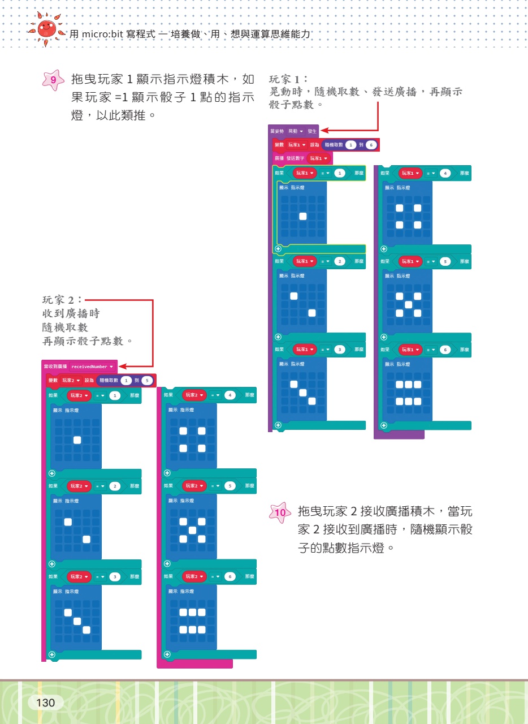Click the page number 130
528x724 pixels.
pyautogui.click(x=45, y=703)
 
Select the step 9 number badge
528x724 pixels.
pyautogui.click(x=53, y=80)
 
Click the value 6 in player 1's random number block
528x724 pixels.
pyautogui.click(x=370, y=145)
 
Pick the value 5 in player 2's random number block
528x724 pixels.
pyautogui.click(x=147, y=381)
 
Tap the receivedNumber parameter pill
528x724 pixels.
pyautogui.click(x=92, y=367)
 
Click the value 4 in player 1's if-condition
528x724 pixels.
pyautogui.click(x=445, y=173)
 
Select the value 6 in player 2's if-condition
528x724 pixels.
pyautogui.click(x=230, y=576)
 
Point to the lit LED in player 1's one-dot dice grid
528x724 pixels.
pyautogui.click(x=303, y=216)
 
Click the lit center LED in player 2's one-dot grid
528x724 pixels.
pyautogui.click(x=77, y=440)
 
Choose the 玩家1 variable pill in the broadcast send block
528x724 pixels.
pyautogui.click(x=319, y=158)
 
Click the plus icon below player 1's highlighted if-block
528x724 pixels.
pyautogui.click(x=278, y=248)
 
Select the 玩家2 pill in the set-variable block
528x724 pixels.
pyautogui.click(x=71, y=381)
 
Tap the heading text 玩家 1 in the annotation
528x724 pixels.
pyautogui.click(x=288, y=79)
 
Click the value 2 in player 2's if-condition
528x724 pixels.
pyautogui.click(x=115, y=486)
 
